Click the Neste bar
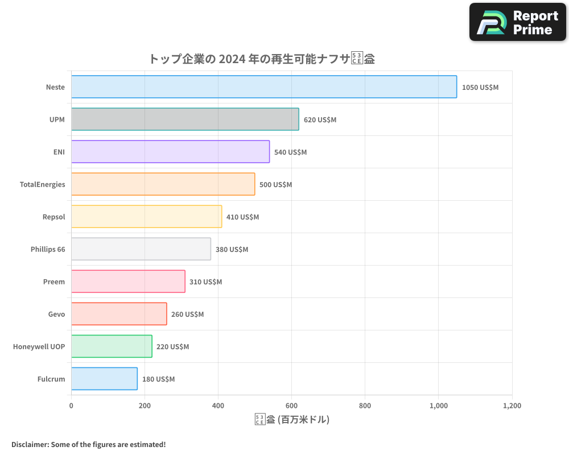coord(263,87)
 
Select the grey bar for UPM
coord(185,119)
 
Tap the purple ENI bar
coord(170,152)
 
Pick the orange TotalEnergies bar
coord(163,184)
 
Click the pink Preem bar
coord(128,282)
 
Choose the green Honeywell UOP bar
coord(112,346)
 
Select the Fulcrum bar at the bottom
coord(104,379)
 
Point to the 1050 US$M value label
coord(480,88)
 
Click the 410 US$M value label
coord(242,217)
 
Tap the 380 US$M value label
coord(232,250)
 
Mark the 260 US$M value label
coord(187,315)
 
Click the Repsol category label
coord(53,217)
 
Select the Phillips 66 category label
coord(48,250)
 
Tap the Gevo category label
coord(56,315)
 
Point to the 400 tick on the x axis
coord(218,406)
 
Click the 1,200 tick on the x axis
coord(512,406)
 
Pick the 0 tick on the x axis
coord(71,406)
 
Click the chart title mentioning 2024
coord(261,59)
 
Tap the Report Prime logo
coord(518,22)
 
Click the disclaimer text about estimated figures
coord(88,444)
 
